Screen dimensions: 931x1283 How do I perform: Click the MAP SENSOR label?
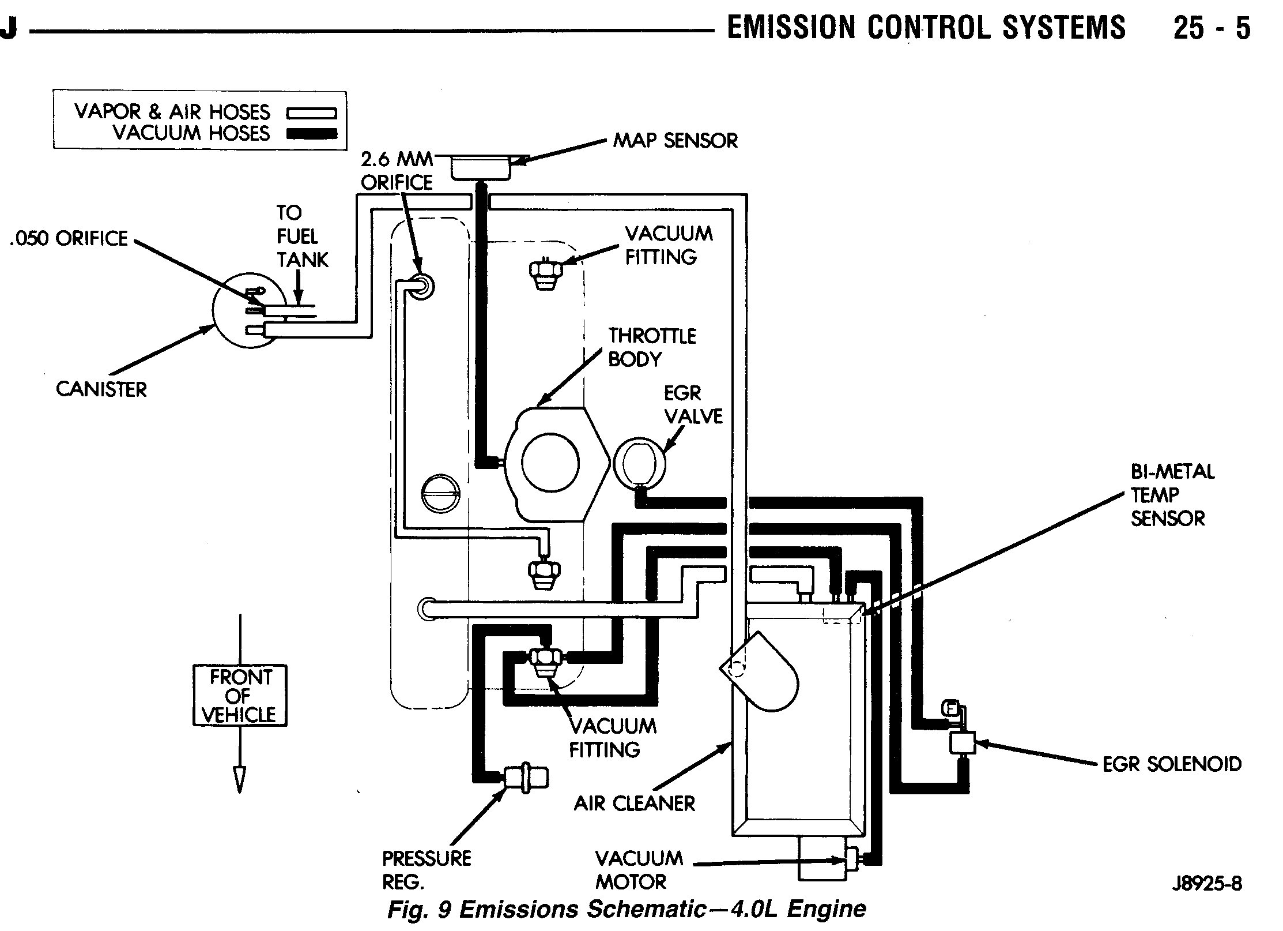pos(675,141)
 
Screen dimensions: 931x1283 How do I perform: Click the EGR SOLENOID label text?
pos(1172,764)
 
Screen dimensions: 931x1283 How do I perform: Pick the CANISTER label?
pos(101,389)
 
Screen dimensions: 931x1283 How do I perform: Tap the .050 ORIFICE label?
pos(69,239)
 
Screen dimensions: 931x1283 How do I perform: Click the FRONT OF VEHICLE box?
pos(240,696)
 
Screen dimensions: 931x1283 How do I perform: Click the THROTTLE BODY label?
pos(652,347)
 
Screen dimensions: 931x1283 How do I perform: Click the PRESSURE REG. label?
pos(427,870)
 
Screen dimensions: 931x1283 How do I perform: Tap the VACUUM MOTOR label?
pos(639,870)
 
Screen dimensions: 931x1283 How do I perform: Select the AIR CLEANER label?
pos(634,804)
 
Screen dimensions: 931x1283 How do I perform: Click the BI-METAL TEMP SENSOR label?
pos(1172,495)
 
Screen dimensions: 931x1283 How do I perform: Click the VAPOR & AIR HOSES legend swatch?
pos(311,113)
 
